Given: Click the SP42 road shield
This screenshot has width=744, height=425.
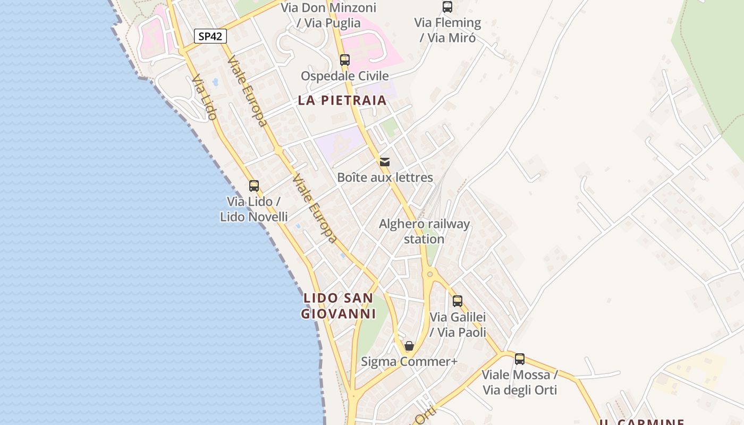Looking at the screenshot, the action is click(210, 36).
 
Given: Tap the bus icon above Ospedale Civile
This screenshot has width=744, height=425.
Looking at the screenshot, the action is click(345, 60).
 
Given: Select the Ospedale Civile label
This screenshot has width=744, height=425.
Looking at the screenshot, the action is click(345, 76).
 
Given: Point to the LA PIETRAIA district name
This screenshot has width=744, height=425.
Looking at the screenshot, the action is click(342, 100).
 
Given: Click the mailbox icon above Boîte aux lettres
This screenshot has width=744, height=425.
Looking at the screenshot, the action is click(385, 161).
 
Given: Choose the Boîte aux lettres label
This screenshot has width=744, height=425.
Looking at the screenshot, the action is click(385, 177).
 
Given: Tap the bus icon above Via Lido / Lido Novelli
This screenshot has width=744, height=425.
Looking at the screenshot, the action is click(254, 186).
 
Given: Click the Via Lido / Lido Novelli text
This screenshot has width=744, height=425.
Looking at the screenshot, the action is click(254, 209).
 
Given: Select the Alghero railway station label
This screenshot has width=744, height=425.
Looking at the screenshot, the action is click(424, 231).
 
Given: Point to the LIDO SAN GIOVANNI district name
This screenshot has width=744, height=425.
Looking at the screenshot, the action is click(338, 305).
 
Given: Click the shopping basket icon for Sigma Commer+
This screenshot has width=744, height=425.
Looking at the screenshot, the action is click(409, 346).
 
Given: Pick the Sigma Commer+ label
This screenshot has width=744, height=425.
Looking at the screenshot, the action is click(409, 362).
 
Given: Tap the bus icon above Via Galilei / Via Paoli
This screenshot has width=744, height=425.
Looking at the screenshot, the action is click(458, 301).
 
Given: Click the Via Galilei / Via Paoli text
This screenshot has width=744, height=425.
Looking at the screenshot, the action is click(458, 325).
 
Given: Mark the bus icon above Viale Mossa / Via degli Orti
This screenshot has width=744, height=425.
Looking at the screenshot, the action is click(520, 359).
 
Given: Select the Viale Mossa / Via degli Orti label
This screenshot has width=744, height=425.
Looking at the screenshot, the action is click(520, 382).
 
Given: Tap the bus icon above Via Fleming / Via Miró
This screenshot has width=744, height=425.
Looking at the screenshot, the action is click(447, 7).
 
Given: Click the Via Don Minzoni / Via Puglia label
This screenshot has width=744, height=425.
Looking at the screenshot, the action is click(328, 15).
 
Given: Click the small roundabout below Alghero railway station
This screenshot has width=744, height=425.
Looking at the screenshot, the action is click(430, 274).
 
